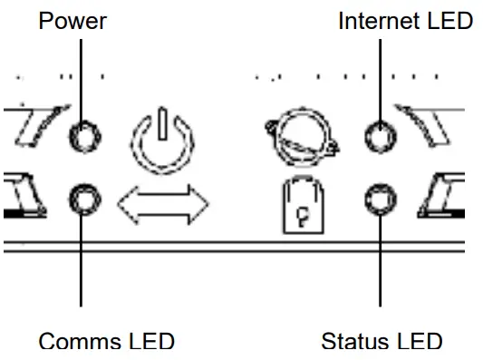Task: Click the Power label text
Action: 72,20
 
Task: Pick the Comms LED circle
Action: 85,198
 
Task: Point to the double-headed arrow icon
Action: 163,202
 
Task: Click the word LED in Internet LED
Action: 449,20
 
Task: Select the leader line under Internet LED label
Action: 380,77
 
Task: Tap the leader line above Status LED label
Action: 380,263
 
